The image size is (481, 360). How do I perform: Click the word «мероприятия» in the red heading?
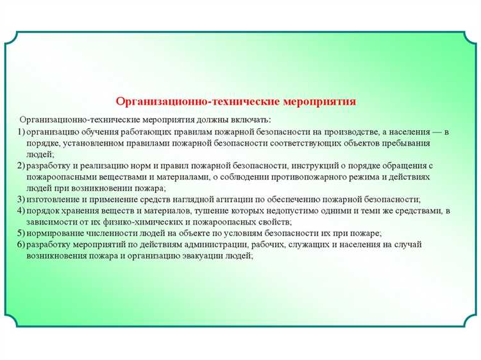pos(319,101)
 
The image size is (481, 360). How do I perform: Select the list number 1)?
pos(22,132)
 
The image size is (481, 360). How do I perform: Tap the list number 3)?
pos(22,200)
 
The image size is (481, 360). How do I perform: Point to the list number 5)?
pos(22,232)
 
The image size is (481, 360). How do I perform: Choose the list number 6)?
pos(22,244)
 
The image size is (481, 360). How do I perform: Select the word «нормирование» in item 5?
pos(55,232)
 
